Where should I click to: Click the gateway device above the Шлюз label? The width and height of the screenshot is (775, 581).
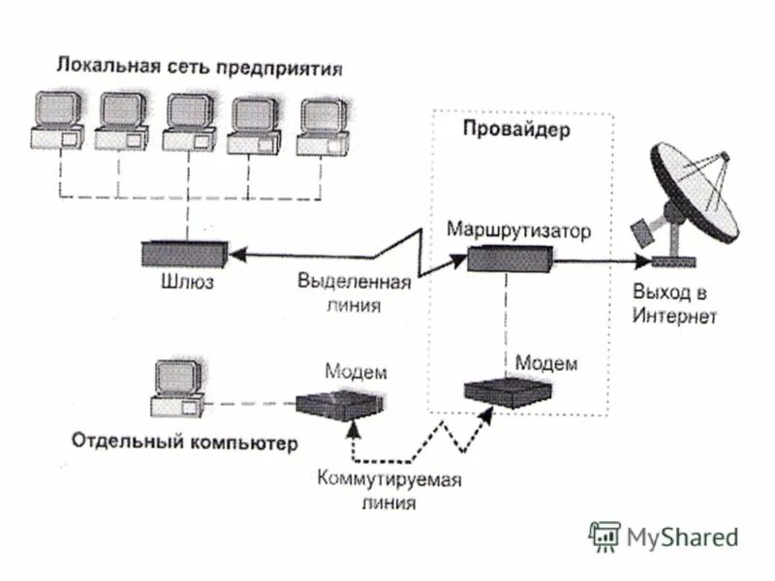[184, 254]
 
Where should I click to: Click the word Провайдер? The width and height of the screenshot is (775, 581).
[516, 130]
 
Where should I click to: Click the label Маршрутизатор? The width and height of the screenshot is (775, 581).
[518, 230]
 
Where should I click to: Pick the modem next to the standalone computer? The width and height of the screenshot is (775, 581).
[338, 404]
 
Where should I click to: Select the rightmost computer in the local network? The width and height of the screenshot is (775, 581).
[323, 126]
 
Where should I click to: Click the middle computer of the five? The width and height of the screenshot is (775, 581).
[190, 122]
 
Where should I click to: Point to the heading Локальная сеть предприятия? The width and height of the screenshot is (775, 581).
[199, 68]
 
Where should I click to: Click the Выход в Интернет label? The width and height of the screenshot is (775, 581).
[675, 302]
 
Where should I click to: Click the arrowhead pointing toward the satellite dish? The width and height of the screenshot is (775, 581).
[638, 260]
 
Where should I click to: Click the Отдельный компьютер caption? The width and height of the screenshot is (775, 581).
[184, 443]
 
